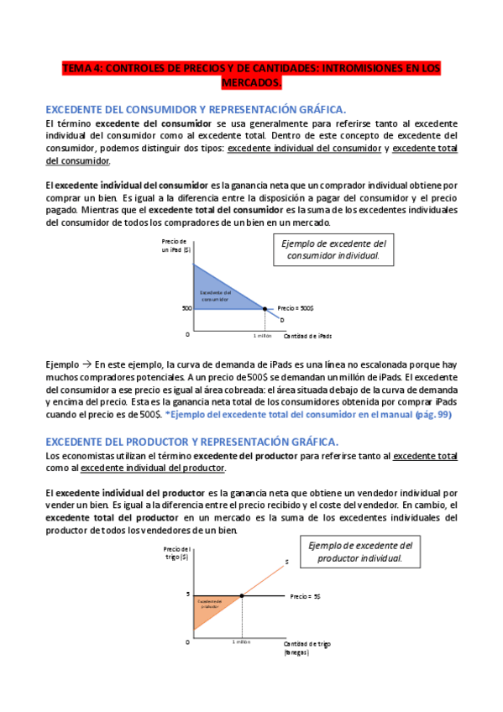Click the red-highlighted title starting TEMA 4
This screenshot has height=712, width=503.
(x=251, y=76)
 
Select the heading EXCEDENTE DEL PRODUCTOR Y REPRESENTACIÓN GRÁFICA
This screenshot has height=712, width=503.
(x=191, y=441)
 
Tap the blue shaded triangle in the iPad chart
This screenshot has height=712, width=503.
(x=215, y=291)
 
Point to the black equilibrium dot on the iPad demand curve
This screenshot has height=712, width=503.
(x=265, y=308)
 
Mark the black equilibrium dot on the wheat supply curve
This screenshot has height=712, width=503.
(x=242, y=596)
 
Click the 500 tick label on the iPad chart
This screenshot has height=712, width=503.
(x=186, y=308)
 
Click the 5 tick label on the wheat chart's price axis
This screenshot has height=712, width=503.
(x=189, y=594)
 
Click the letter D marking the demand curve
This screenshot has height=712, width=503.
(x=281, y=320)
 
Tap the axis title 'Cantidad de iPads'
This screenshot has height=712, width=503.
(x=307, y=335)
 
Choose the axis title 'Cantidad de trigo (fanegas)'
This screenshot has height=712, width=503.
(x=307, y=647)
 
